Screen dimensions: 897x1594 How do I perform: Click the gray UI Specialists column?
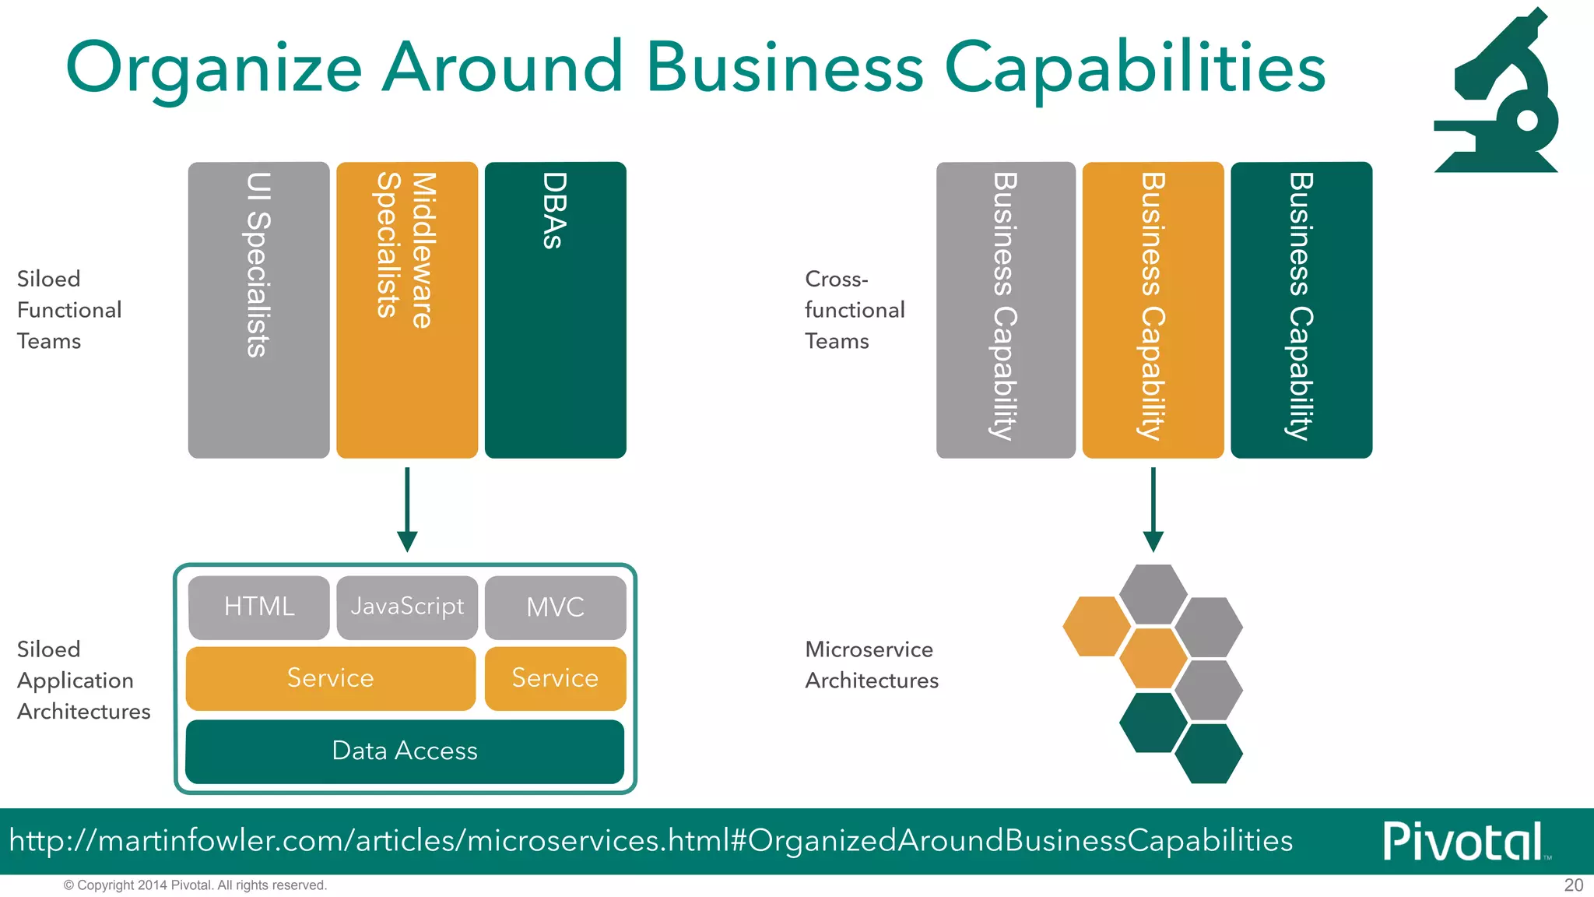pos(258,310)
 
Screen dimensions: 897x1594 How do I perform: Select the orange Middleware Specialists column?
pos(407,310)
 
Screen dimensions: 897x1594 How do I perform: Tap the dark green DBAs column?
pos(555,310)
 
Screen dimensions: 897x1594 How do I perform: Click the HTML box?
pos(258,607)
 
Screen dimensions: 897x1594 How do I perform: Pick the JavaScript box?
pos(407,607)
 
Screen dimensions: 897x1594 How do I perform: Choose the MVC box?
pos(555,607)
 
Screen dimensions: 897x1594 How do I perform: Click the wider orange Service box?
pos(330,677)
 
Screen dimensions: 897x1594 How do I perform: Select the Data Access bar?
pos(405,751)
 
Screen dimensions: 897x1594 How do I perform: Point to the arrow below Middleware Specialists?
pos(407,510)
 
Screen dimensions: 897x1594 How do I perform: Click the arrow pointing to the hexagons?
pos(1153,510)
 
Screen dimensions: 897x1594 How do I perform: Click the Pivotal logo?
pos(1463,841)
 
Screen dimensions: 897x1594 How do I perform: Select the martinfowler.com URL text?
pos(651,841)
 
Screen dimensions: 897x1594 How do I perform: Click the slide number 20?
pos(1573,885)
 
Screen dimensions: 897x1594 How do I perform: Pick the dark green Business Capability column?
pos(1301,310)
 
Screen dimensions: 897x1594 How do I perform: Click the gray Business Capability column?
pos(1006,310)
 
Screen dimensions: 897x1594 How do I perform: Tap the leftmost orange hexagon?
pos(1096,626)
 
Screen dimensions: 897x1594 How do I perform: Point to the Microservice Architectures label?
pos(871,665)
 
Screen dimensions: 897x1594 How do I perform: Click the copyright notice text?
pos(195,885)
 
